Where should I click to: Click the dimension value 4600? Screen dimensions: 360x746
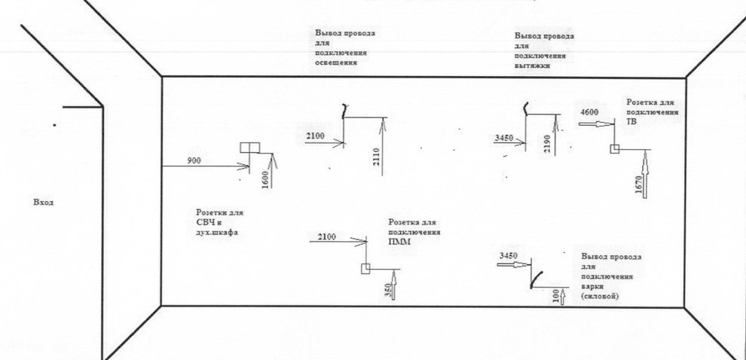[590, 112]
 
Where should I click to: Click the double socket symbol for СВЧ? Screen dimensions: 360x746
[249, 148]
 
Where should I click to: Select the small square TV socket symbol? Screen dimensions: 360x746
[615, 149]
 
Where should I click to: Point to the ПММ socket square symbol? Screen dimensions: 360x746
[365, 268]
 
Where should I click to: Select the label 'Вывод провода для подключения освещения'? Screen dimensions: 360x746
[344, 48]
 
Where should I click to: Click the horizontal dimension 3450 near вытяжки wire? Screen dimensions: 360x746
[505, 139]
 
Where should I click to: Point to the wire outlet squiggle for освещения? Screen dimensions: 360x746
[344, 111]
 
